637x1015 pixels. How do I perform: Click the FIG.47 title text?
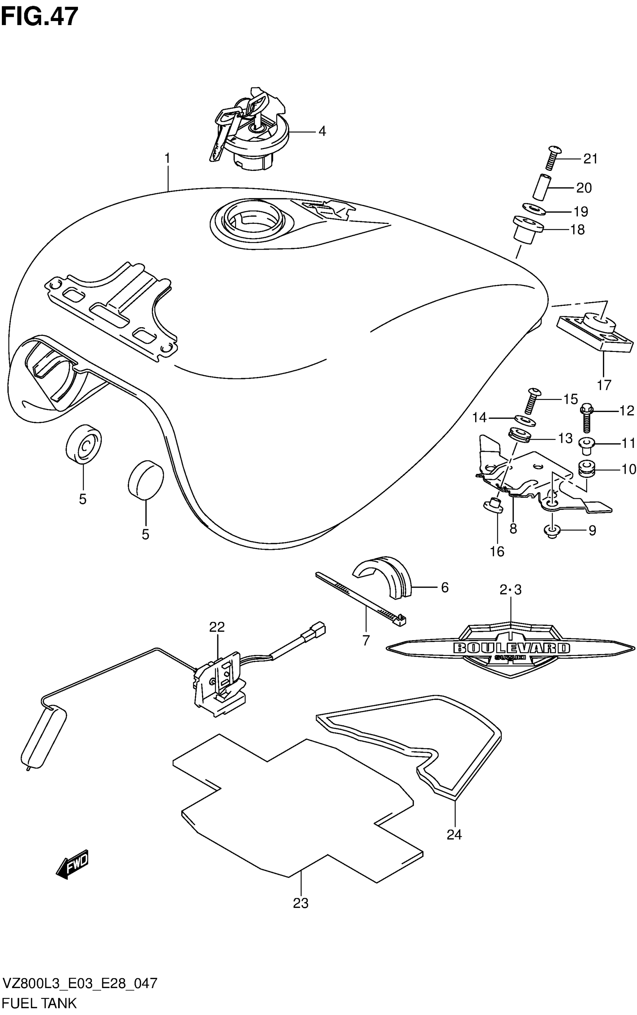[40, 17]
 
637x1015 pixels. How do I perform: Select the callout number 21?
[590, 159]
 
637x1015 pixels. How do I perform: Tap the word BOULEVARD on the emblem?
[511, 648]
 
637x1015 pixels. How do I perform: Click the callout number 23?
[301, 903]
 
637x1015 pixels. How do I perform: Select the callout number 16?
[497, 551]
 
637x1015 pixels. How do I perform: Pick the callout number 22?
[217, 627]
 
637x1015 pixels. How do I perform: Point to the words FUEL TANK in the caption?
[39, 1003]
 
